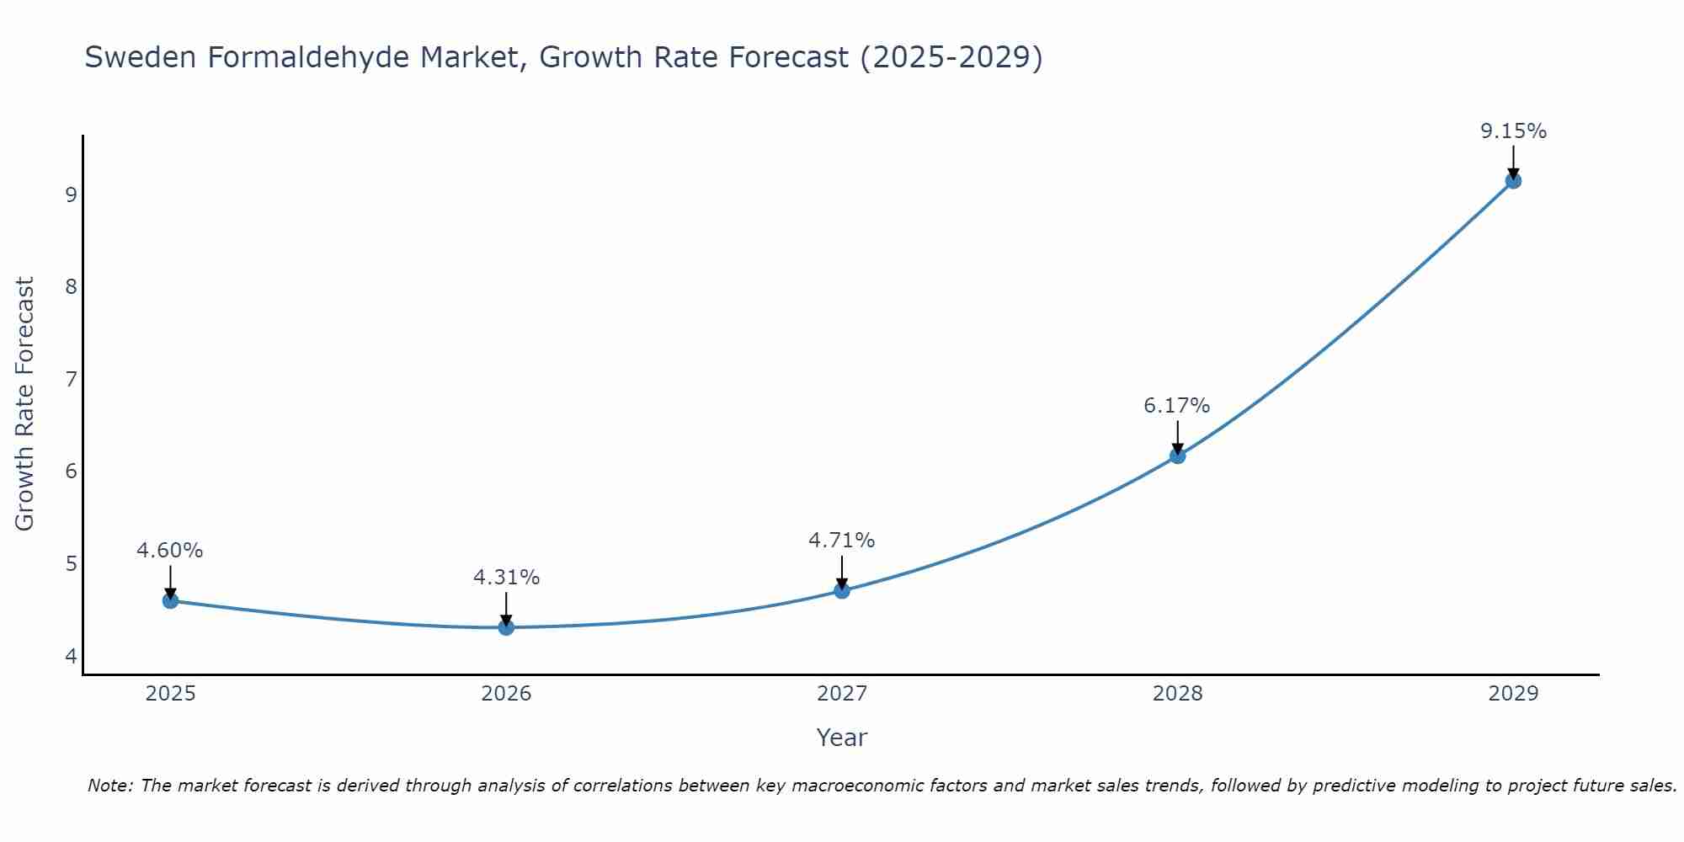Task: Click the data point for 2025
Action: [x=170, y=600]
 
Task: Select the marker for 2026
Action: [x=506, y=627]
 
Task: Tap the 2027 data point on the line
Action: [x=842, y=590]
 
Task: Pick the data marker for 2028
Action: [x=1177, y=456]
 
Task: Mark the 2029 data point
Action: [x=1513, y=180]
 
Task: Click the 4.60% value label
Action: [x=170, y=551]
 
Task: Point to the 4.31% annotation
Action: [x=506, y=578]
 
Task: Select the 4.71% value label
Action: [x=842, y=541]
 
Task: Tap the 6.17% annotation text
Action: [x=1177, y=406]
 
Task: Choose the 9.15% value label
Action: [x=1513, y=131]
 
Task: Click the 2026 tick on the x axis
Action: [x=506, y=694]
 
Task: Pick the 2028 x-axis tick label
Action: [x=1177, y=694]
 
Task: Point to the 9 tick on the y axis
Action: [x=71, y=195]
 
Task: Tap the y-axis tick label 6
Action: [x=71, y=471]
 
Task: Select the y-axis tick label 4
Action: [x=71, y=655]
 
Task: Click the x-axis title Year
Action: [x=842, y=738]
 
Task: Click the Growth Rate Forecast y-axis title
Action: [x=25, y=404]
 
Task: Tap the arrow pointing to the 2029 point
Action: [x=1513, y=162]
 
